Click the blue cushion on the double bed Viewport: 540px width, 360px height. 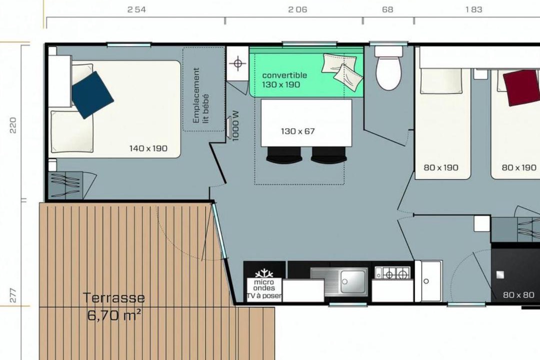point(92,95)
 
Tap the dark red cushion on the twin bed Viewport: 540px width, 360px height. point(521,88)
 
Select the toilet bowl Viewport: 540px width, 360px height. point(388,72)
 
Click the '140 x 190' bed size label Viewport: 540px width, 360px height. point(148,148)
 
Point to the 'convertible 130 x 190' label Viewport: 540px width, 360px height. point(284,80)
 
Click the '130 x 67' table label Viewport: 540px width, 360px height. point(298,131)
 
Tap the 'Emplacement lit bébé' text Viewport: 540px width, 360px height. point(201,95)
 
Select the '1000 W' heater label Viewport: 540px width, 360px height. point(235,125)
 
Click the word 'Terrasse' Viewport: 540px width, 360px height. point(114,297)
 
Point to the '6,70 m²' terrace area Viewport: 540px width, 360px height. point(114,315)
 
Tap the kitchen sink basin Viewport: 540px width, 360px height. point(353,281)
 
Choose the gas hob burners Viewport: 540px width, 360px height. point(393,273)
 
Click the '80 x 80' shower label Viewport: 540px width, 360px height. point(518,295)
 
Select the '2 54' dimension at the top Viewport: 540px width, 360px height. point(136,9)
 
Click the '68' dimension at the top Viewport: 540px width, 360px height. point(387,9)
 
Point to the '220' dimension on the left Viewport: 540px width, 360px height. point(12,125)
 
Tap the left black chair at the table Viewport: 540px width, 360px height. point(284,154)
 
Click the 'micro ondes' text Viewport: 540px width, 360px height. point(264,285)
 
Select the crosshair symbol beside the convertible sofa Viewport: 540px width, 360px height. point(237,63)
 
